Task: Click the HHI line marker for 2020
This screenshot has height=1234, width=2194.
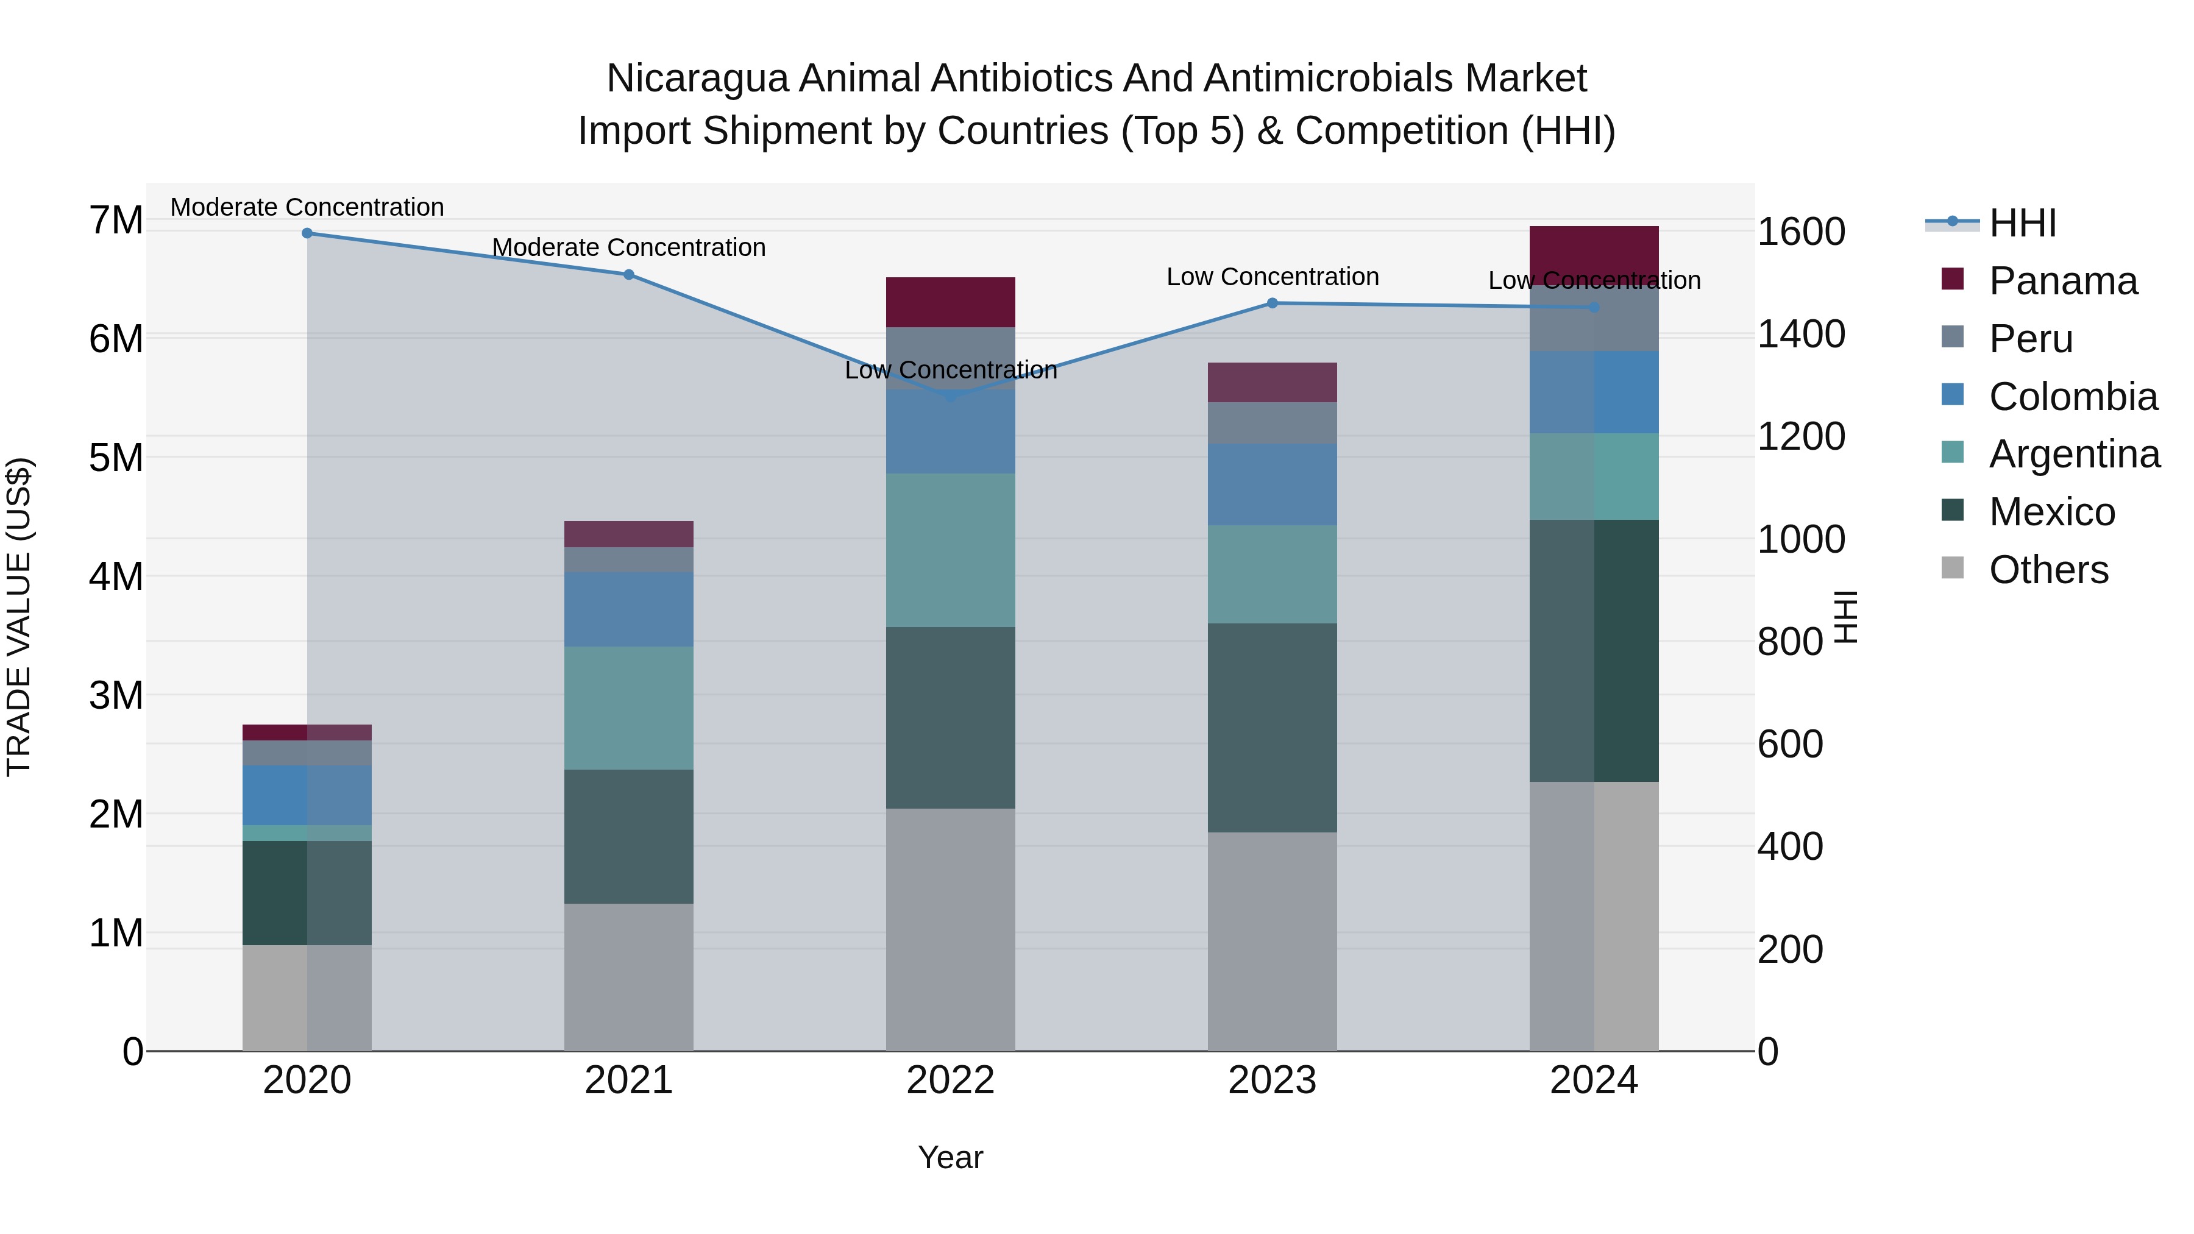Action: click(x=308, y=233)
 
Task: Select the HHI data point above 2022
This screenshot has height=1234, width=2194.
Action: click(x=951, y=396)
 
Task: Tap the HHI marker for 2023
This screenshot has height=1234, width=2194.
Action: click(x=1273, y=303)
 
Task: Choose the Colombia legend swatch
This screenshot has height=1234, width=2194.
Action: click(x=1952, y=395)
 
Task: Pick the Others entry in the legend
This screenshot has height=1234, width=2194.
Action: click(x=2048, y=570)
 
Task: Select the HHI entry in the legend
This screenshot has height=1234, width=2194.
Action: click(x=2022, y=223)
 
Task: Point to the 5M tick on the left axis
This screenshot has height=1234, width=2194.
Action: click(x=116, y=458)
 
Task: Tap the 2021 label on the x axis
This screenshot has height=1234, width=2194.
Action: click(x=628, y=1080)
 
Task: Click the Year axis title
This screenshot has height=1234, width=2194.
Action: click(x=951, y=1157)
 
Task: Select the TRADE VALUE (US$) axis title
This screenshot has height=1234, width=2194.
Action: click(x=19, y=617)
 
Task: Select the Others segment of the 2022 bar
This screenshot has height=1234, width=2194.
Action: click(x=951, y=929)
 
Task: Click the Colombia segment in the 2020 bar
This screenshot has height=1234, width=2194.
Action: click(x=308, y=795)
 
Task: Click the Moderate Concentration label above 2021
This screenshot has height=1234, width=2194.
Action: click(x=628, y=248)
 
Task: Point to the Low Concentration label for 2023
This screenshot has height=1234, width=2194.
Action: click(x=1273, y=277)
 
